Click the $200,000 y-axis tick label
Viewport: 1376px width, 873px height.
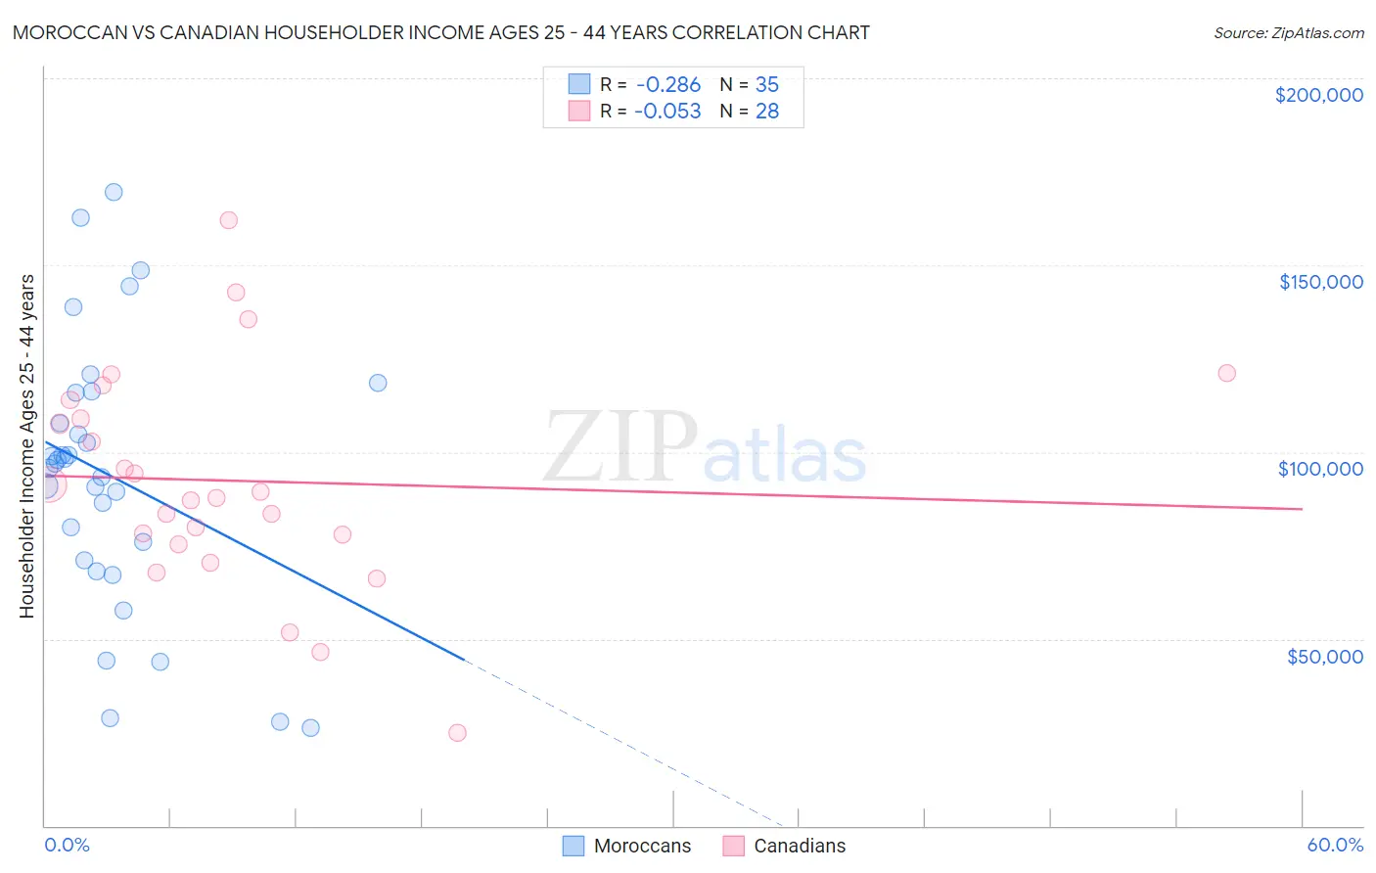[x=1318, y=95]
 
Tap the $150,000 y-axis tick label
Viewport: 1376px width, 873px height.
[x=1320, y=282]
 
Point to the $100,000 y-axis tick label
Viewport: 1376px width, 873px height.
[x=1320, y=469]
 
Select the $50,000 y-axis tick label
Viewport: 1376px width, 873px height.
[x=1324, y=657]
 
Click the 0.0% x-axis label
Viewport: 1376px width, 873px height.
[x=67, y=845]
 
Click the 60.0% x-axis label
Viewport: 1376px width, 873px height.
[x=1334, y=845]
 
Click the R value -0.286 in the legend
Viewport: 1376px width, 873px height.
[x=667, y=85]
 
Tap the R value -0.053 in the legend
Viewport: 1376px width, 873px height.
[x=667, y=112]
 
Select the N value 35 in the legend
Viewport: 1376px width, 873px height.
[x=767, y=85]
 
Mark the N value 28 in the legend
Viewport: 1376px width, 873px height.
[x=767, y=112]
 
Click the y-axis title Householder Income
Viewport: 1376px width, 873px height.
[x=26, y=446]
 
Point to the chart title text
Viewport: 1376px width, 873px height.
[x=440, y=33]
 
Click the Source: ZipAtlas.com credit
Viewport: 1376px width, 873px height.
[x=1288, y=33]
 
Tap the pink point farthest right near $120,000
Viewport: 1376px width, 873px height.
[x=1226, y=373]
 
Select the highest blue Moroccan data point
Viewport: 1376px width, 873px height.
[x=114, y=192]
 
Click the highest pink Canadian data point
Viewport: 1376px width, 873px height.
[x=228, y=220]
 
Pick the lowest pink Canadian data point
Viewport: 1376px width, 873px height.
[x=457, y=733]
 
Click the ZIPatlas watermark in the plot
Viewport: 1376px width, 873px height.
[x=705, y=447]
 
